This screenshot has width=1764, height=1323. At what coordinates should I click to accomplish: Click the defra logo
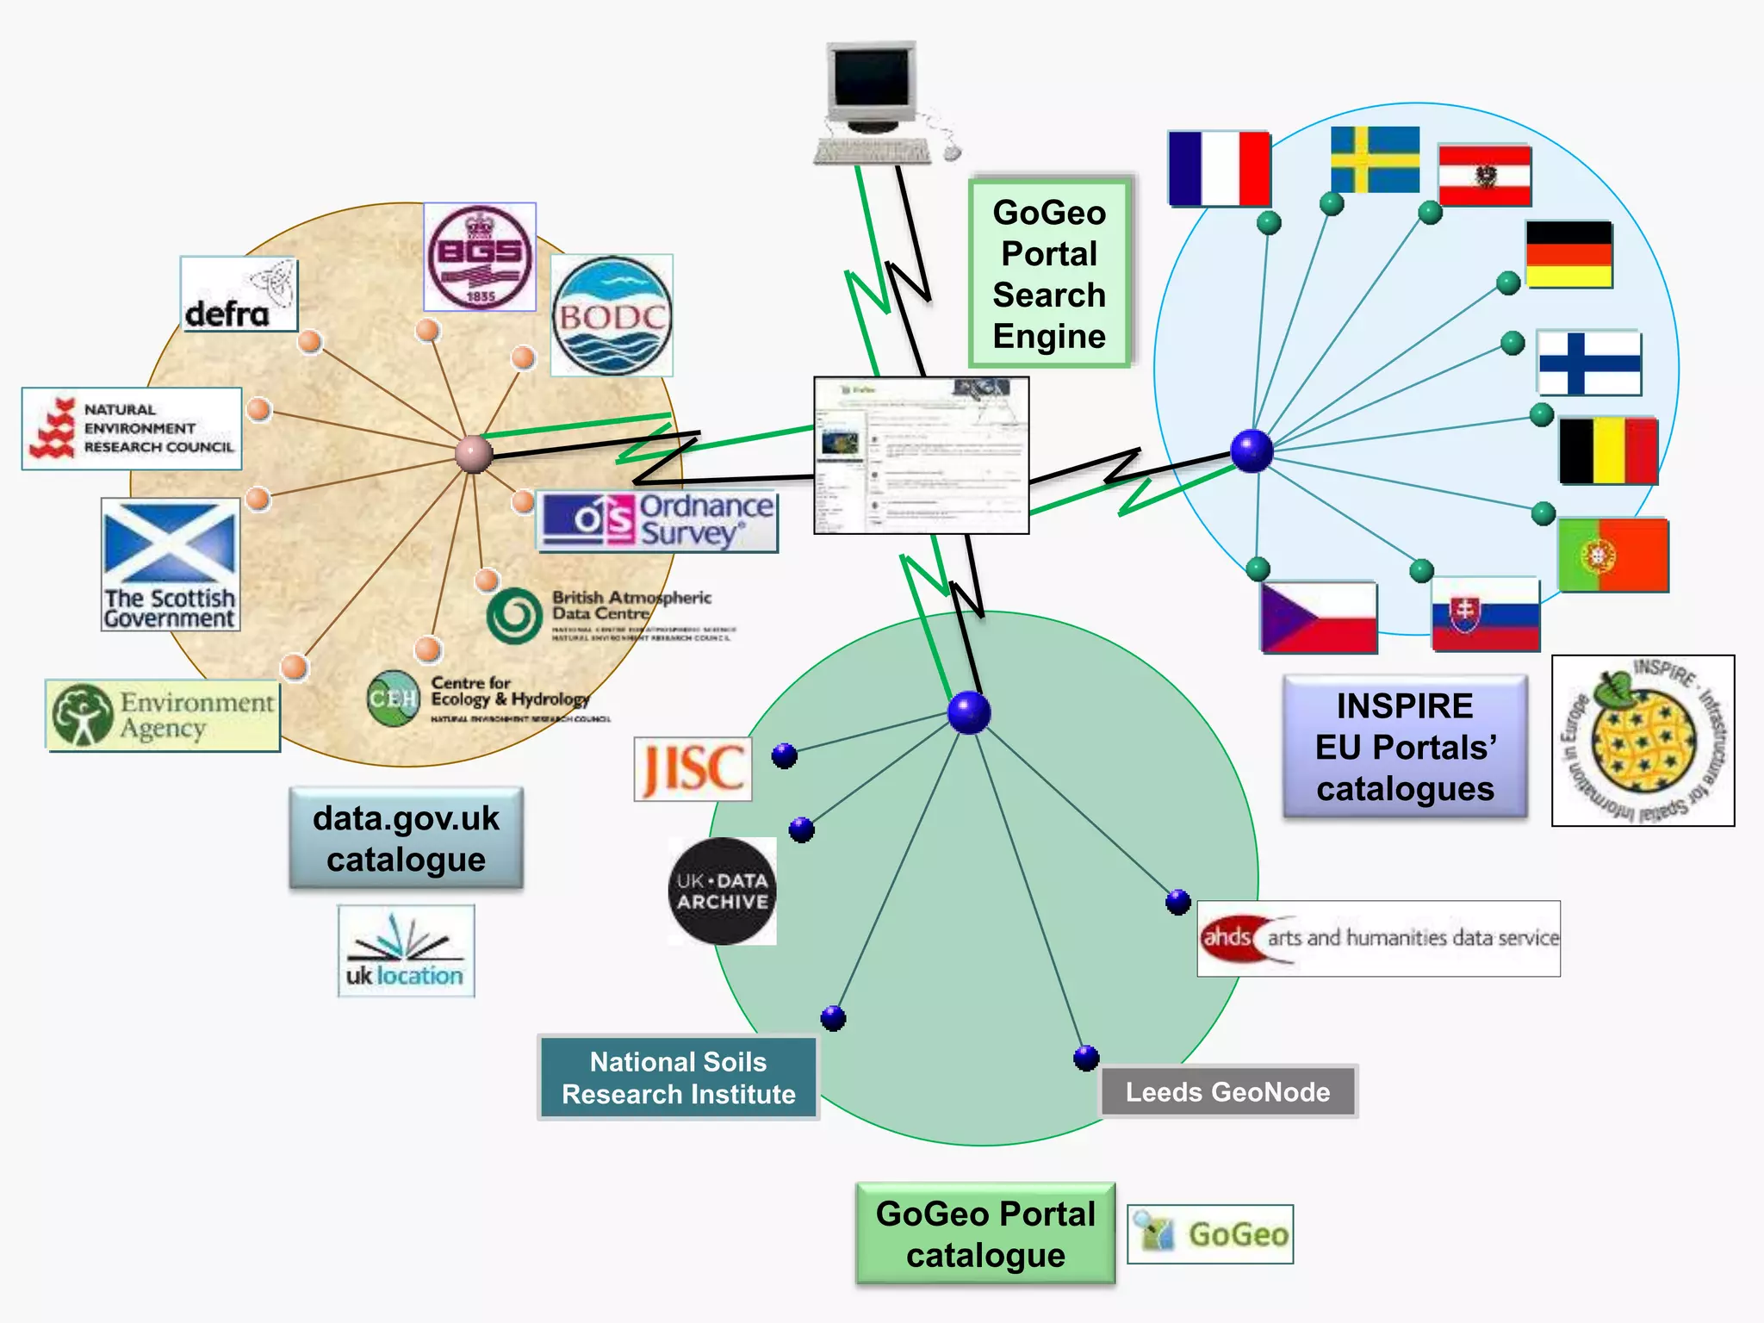[x=239, y=295]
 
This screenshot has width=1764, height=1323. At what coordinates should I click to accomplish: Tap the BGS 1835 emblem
[x=480, y=258]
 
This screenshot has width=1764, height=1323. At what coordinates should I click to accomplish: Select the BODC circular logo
[x=612, y=316]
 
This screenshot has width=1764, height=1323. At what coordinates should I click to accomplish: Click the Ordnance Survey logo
[x=657, y=521]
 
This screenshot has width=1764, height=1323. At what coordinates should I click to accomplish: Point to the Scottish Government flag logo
[x=171, y=564]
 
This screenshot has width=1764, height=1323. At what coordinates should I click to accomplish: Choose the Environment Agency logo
[x=163, y=715]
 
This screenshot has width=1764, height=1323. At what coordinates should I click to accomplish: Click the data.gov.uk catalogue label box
[x=406, y=838]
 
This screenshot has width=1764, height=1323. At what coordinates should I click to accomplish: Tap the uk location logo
[x=406, y=951]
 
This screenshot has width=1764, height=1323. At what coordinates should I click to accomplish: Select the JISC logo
[x=693, y=768]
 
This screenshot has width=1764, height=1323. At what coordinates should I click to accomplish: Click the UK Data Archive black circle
[x=722, y=891]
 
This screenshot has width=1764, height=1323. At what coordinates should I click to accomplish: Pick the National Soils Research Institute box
[x=678, y=1078]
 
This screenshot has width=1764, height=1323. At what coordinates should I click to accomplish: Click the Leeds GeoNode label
[x=1227, y=1092]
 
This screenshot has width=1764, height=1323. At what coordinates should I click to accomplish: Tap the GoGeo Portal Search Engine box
[x=1049, y=274]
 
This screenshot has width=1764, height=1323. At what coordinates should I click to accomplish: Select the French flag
[x=1219, y=169]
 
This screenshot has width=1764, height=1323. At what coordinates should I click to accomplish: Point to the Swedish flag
[x=1375, y=159]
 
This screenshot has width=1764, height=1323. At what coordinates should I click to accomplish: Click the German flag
[x=1568, y=254]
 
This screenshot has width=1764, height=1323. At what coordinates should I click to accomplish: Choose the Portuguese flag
[x=1612, y=555]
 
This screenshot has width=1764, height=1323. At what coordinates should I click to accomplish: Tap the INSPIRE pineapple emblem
[x=1643, y=741]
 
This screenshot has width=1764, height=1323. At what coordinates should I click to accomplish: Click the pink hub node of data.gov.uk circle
[x=474, y=454]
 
